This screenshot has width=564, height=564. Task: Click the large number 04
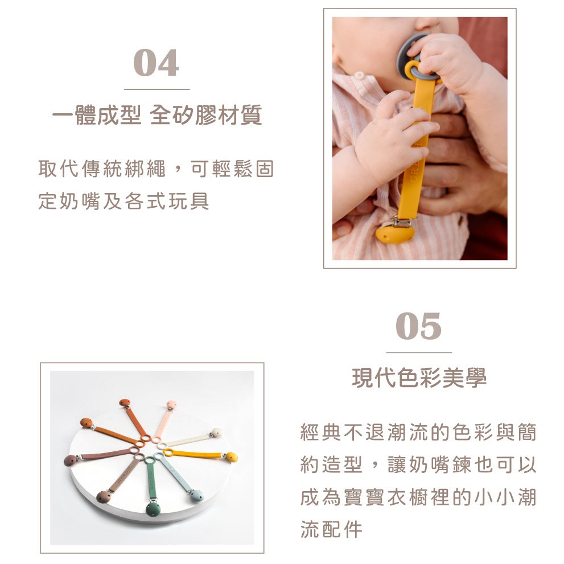156,63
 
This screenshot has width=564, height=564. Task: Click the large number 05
419,326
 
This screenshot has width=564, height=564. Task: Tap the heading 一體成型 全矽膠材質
157,115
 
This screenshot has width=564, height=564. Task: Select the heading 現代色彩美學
419,378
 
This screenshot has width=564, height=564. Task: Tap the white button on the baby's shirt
359,76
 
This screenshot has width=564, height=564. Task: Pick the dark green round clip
153,509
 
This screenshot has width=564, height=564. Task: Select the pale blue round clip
197,496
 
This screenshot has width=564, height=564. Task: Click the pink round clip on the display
171,404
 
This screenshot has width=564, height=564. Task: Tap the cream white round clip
216,432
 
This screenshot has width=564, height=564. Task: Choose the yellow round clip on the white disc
232,457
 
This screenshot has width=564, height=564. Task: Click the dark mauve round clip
70,460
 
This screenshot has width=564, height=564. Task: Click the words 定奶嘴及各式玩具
123,201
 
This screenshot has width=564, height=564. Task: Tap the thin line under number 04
157,89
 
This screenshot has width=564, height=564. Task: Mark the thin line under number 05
419,352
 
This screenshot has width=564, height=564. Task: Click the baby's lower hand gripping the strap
392,138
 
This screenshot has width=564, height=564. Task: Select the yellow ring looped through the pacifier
414,68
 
